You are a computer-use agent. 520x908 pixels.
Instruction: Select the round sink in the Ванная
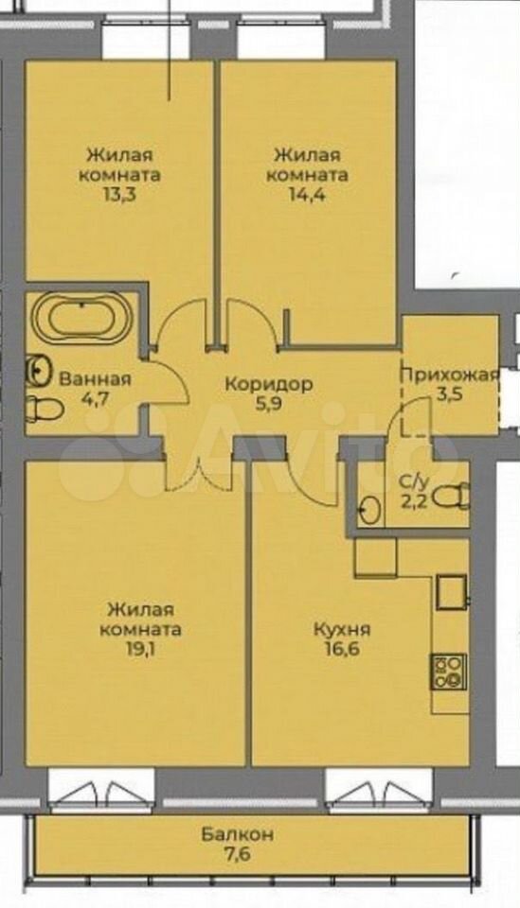click(38, 370)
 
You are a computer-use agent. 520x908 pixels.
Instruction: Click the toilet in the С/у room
click(452, 498)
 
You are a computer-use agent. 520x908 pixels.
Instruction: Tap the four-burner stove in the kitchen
click(448, 672)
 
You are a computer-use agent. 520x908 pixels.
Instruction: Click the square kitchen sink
click(451, 591)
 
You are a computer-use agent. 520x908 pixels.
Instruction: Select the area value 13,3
click(119, 193)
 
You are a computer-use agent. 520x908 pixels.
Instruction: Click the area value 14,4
click(307, 193)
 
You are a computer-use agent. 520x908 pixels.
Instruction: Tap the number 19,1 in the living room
click(140, 648)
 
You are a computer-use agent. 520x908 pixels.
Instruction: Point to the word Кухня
click(342, 629)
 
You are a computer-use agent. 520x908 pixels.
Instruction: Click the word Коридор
click(269, 383)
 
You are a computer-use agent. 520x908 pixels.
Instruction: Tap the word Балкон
click(238, 834)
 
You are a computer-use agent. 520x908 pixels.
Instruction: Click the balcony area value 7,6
click(238, 853)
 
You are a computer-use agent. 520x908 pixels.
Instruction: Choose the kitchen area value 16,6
click(342, 648)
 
